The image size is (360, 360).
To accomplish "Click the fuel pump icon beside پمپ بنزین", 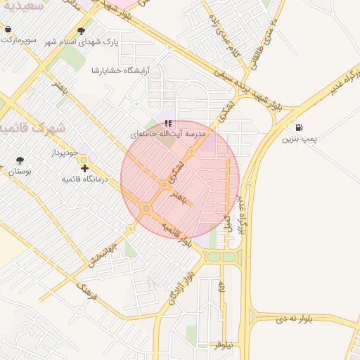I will tap(300, 128).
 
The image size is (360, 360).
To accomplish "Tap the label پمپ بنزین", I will tap(300, 139).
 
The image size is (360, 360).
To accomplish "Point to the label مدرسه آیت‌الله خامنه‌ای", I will tap(168, 133).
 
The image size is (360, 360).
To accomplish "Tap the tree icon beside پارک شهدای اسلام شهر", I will tap(82, 31).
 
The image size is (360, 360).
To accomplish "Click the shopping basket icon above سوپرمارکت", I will tap(8, 30).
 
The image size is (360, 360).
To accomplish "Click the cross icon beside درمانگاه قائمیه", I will tap(84, 168).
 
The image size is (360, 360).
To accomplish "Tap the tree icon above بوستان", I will tap(19, 160).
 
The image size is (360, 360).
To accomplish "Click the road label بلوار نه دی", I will tap(289, 319).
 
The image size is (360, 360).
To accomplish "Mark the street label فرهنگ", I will tap(85, 290).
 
